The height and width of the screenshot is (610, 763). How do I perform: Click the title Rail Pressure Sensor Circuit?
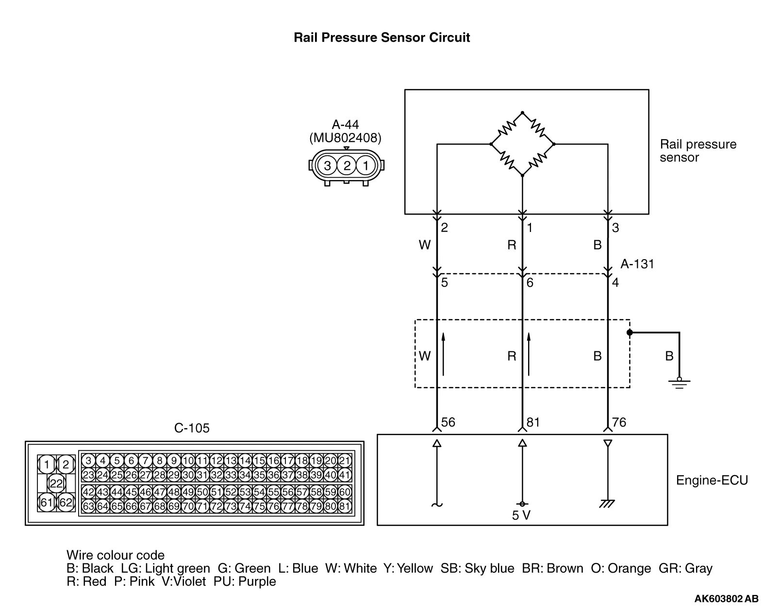coord(381,38)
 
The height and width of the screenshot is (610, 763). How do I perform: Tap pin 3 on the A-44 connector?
coord(328,166)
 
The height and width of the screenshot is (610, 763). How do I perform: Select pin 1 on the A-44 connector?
coord(365,166)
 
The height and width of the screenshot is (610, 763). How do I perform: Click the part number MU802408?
coord(346,138)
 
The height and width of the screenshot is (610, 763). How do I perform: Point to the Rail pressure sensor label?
coord(697,151)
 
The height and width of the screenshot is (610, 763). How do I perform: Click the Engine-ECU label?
coord(712,480)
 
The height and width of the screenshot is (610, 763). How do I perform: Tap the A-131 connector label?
coord(637,264)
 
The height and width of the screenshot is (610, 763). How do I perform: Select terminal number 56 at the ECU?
coord(448,422)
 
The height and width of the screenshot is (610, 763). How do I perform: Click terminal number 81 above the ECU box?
coord(533,422)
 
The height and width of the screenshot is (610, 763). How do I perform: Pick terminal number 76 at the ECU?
coord(619,422)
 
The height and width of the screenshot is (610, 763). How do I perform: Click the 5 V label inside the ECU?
coord(521,515)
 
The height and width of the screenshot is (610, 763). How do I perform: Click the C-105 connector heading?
coord(192,428)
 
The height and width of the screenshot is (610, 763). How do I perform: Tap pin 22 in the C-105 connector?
coord(57,483)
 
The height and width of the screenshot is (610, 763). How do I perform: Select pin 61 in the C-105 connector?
coord(47,502)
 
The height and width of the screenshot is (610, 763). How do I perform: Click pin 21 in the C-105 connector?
coord(344,461)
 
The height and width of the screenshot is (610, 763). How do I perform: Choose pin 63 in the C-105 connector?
coord(88,507)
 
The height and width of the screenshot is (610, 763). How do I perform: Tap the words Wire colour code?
coord(116,555)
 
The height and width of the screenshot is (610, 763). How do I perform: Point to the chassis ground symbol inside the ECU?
coord(607,504)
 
